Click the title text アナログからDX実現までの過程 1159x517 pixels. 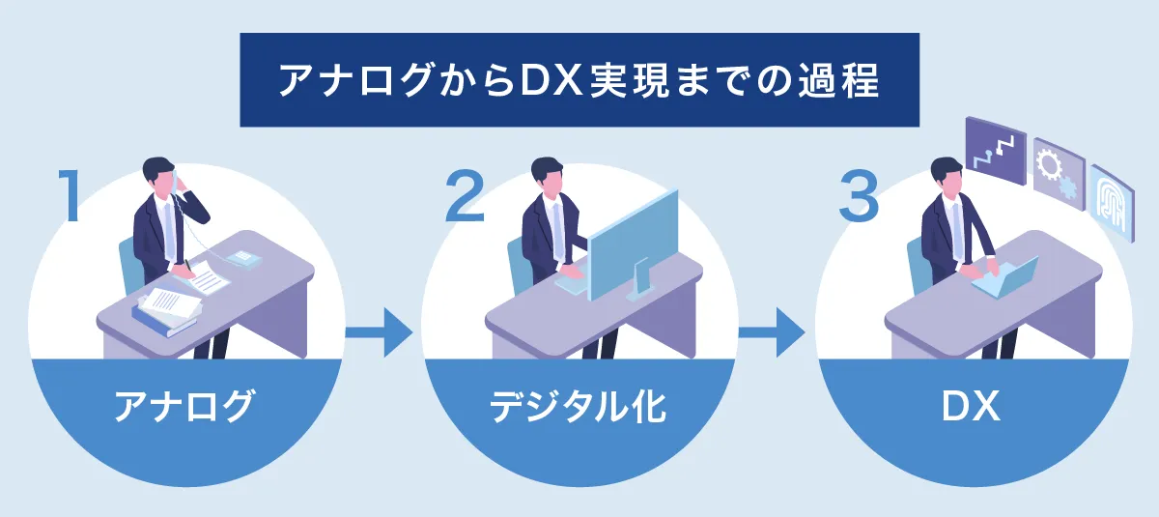[x=579, y=80]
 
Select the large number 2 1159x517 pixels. [x=465, y=197]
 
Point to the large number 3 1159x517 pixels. [x=859, y=197]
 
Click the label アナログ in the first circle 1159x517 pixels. [x=184, y=406]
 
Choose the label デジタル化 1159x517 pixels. [x=578, y=406]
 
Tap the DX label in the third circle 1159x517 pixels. [x=971, y=407]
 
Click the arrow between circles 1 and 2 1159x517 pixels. [x=379, y=332]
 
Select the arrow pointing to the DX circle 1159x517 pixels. [x=772, y=332]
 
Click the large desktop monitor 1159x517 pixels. [x=633, y=244]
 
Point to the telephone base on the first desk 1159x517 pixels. [x=243, y=259]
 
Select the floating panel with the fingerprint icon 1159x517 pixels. [x=1113, y=203]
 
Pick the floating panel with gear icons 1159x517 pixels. [x=1059, y=174]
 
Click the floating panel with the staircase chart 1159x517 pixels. [x=996, y=150]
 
